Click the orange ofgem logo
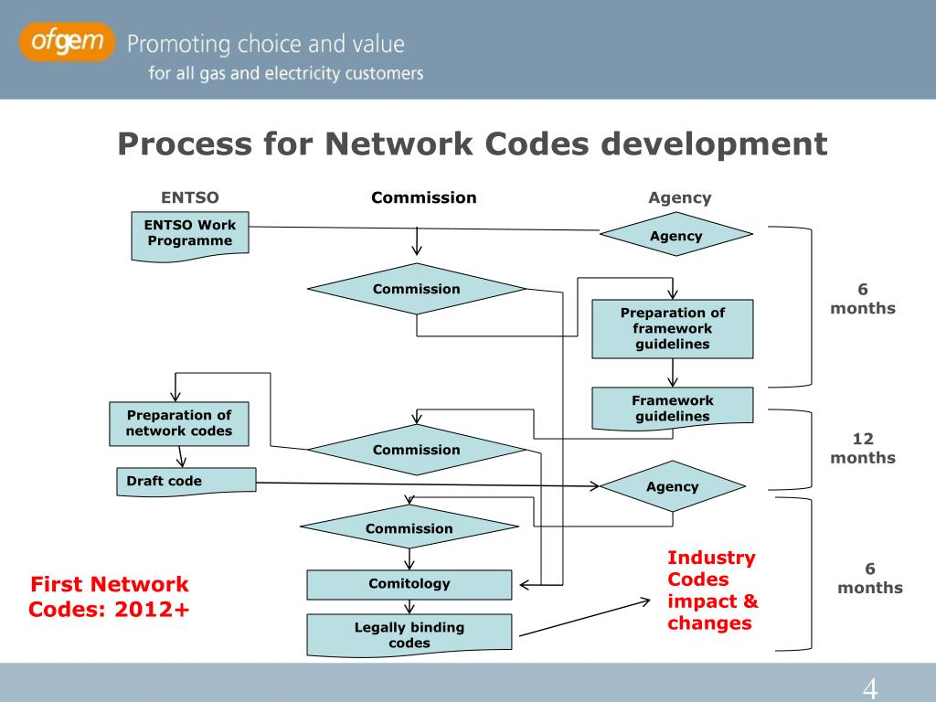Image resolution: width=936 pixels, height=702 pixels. [x=68, y=42]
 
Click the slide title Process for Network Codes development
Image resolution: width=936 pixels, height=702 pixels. [x=472, y=144]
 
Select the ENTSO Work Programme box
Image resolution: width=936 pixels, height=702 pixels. [x=189, y=234]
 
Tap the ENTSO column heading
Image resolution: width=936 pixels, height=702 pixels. [x=190, y=197]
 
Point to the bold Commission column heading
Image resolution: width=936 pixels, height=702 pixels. [x=423, y=197]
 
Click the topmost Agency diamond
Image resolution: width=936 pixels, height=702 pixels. [x=676, y=236]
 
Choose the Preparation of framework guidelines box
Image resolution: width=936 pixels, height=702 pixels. [x=673, y=328]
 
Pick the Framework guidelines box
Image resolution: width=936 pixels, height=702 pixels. [x=673, y=408]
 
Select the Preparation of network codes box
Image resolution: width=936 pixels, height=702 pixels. [x=179, y=423]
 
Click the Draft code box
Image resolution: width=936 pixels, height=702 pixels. [x=186, y=481]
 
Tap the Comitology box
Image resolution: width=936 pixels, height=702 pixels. [x=409, y=584]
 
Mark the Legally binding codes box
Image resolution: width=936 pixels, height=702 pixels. [x=409, y=634]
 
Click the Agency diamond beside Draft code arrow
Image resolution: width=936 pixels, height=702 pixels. [x=673, y=486]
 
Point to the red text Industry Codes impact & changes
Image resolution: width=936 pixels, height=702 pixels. [x=712, y=590]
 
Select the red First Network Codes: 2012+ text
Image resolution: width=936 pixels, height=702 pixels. [x=109, y=596]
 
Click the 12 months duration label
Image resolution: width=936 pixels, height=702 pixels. [x=863, y=449]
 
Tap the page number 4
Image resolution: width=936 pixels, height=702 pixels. [x=870, y=688]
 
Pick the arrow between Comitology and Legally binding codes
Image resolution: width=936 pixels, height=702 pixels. [x=409, y=607]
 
